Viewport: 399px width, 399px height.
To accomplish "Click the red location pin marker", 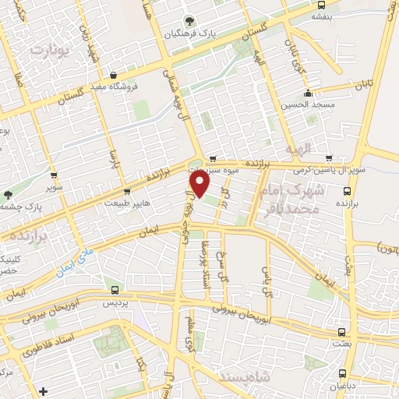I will pyautogui.click(x=200, y=184).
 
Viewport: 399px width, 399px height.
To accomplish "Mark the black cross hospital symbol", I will pyautogui.click(x=43, y=390).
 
